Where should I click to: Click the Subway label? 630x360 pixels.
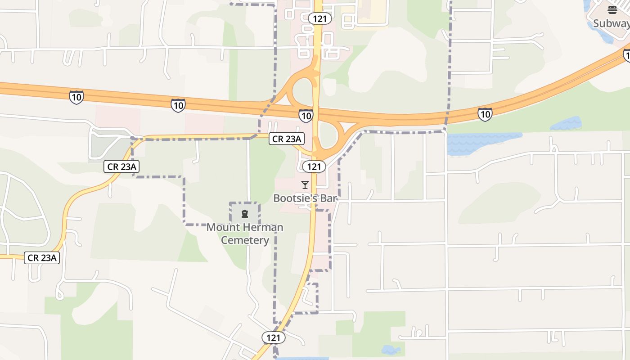point(610,23)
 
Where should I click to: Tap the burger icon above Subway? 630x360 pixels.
point(612,10)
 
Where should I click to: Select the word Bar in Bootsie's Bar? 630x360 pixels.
point(328,198)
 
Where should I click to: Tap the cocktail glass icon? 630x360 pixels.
point(305,185)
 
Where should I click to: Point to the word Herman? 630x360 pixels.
point(264,227)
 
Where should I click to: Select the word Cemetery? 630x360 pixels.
point(245,240)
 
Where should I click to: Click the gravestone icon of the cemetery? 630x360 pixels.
point(245,213)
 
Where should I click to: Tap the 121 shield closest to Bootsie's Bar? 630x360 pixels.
point(314,166)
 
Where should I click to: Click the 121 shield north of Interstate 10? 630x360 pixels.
point(320,18)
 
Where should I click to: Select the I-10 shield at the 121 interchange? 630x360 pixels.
point(306,116)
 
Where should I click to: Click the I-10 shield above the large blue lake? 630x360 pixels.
point(485,114)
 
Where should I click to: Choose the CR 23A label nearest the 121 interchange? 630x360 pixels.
point(287,139)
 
